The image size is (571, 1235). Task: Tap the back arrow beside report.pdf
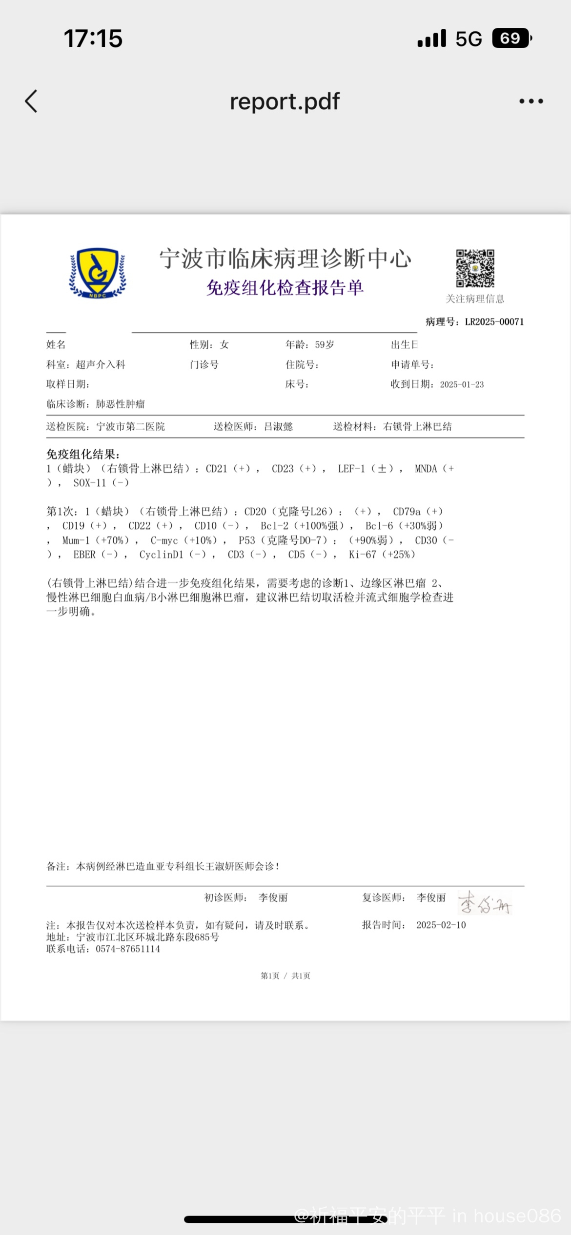click(31, 101)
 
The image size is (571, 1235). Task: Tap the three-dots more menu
click(531, 101)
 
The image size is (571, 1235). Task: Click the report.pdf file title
click(285, 101)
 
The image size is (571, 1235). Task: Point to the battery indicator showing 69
click(511, 39)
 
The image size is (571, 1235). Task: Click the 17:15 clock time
click(93, 39)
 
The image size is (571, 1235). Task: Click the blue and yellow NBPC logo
click(98, 273)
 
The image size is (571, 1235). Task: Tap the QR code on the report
click(475, 268)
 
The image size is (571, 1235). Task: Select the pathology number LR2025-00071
click(494, 322)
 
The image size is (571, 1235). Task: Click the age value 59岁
click(324, 345)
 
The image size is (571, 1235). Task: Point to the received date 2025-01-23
click(462, 384)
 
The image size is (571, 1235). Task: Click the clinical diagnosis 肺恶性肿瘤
click(120, 404)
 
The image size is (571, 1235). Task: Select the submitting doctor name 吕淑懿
click(278, 427)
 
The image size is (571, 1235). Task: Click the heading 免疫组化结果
click(83, 455)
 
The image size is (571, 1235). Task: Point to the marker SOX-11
click(89, 483)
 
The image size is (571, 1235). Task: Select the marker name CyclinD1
click(161, 555)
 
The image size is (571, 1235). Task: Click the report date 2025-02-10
click(441, 925)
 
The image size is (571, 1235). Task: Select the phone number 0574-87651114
click(128, 949)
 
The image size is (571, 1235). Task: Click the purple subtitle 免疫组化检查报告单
click(285, 288)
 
